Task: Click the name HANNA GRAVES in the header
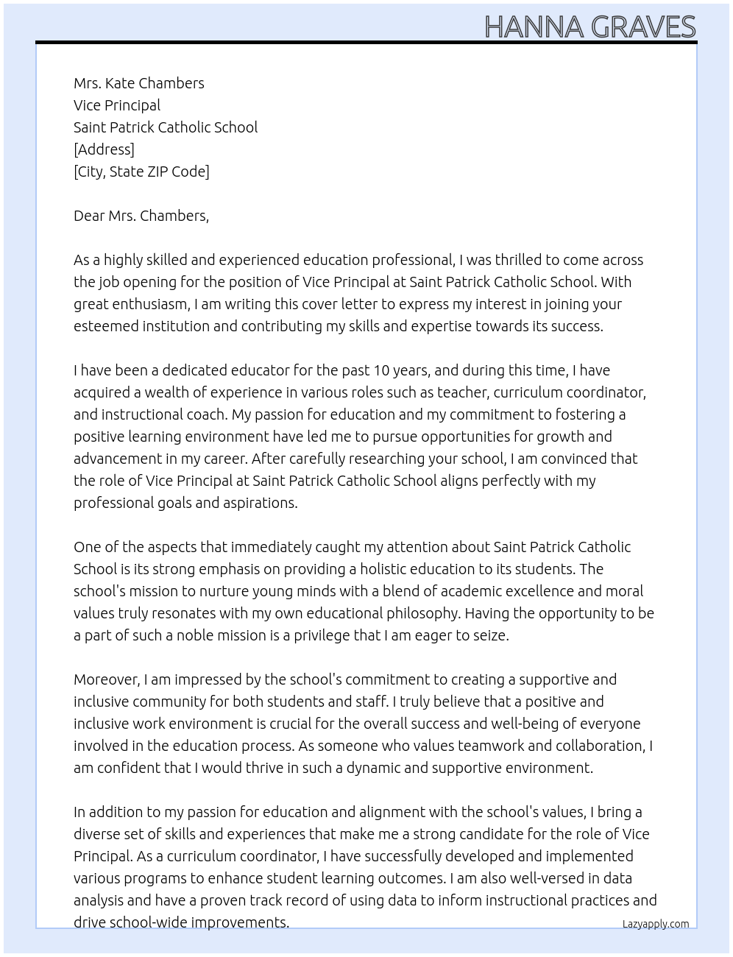pyautogui.click(x=589, y=27)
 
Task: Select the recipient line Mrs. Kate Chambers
pyautogui.click(x=139, y=83)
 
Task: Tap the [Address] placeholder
pyautogui.click(x=104, y=149)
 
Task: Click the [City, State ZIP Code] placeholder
pyautogui.click(x=141, y=172)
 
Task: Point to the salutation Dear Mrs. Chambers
pyautogui.click(x=141, y=216)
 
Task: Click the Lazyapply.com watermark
pyautogui.click(x=655, y=924)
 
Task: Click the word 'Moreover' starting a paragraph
pyautogui.click(x=106, y=679)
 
